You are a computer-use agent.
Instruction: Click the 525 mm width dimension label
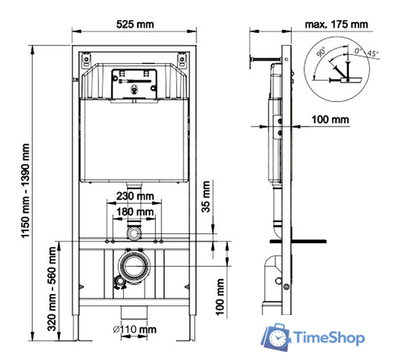(x=135, y=25)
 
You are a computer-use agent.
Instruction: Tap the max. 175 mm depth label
(x=336, y=25)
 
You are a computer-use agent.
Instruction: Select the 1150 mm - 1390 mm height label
(x=25, y=190)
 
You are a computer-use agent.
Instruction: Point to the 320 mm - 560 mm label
(x=52, y=289)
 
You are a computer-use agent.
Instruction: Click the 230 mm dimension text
(x=135, y=196)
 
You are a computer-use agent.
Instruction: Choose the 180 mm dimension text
(x=135, y=211)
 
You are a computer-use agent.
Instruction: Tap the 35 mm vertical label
(x=206, y=196)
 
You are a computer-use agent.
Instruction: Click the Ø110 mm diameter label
(x=134, y=329)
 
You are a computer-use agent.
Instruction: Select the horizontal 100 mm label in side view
(x=330, y=119)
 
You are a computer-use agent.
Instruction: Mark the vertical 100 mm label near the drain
(x=220, y=297)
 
